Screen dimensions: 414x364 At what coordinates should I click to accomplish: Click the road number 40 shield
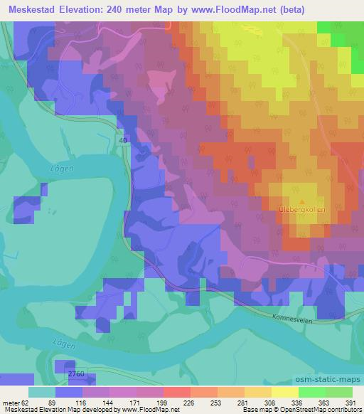point(124,142)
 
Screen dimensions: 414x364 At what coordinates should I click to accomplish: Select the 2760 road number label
point(76,373)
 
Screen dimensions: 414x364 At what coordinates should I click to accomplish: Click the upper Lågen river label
point(61,167)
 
